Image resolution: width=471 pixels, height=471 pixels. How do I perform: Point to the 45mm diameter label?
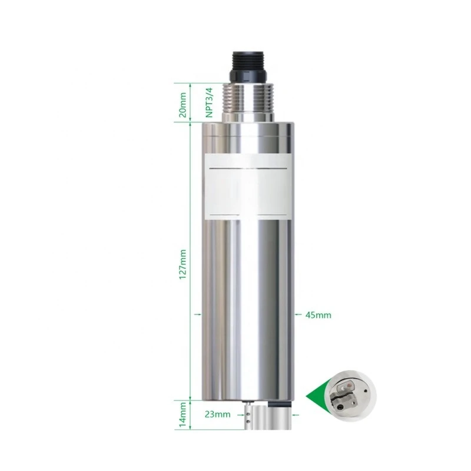319,315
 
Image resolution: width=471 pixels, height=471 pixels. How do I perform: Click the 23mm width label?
218,414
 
